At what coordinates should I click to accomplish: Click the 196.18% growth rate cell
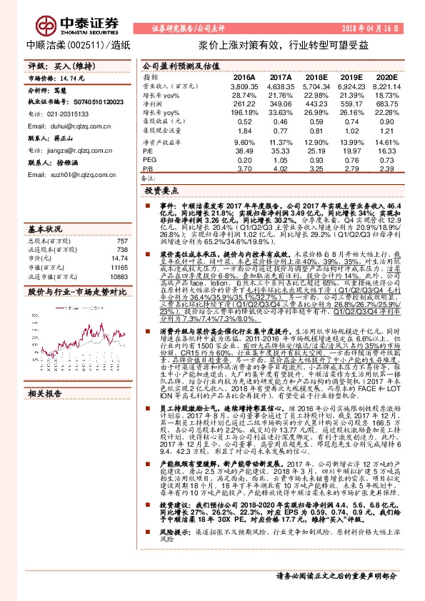[244, 113]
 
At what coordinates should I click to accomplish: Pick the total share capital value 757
[122, 241]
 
